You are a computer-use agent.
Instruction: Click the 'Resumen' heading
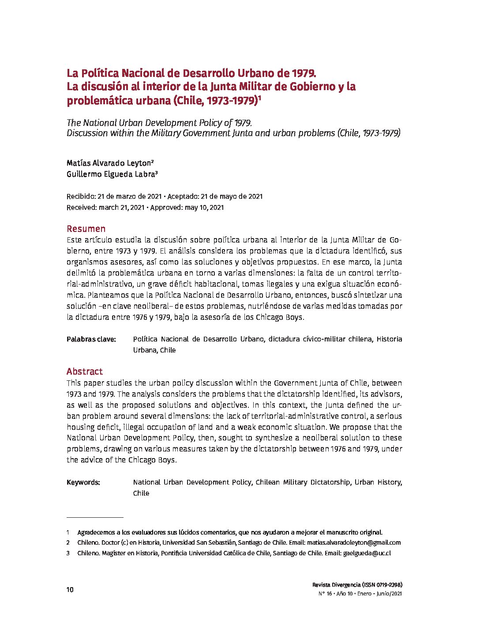[86, 229]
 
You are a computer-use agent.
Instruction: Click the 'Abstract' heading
[85, 372]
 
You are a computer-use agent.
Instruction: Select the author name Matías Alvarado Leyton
[109, 163]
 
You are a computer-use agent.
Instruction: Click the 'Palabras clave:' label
[91, 339]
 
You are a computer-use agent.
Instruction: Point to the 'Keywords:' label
[83, 482]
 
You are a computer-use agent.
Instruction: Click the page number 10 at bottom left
[70, 590]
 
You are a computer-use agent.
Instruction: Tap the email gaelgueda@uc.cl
[367, 553]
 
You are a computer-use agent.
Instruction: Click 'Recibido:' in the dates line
[81, 197]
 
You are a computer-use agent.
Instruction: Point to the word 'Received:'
[82, 207]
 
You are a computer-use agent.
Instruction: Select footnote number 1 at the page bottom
[68, 532]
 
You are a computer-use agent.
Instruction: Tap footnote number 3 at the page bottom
[68, 553]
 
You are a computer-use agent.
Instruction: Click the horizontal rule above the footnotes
[95, 517]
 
